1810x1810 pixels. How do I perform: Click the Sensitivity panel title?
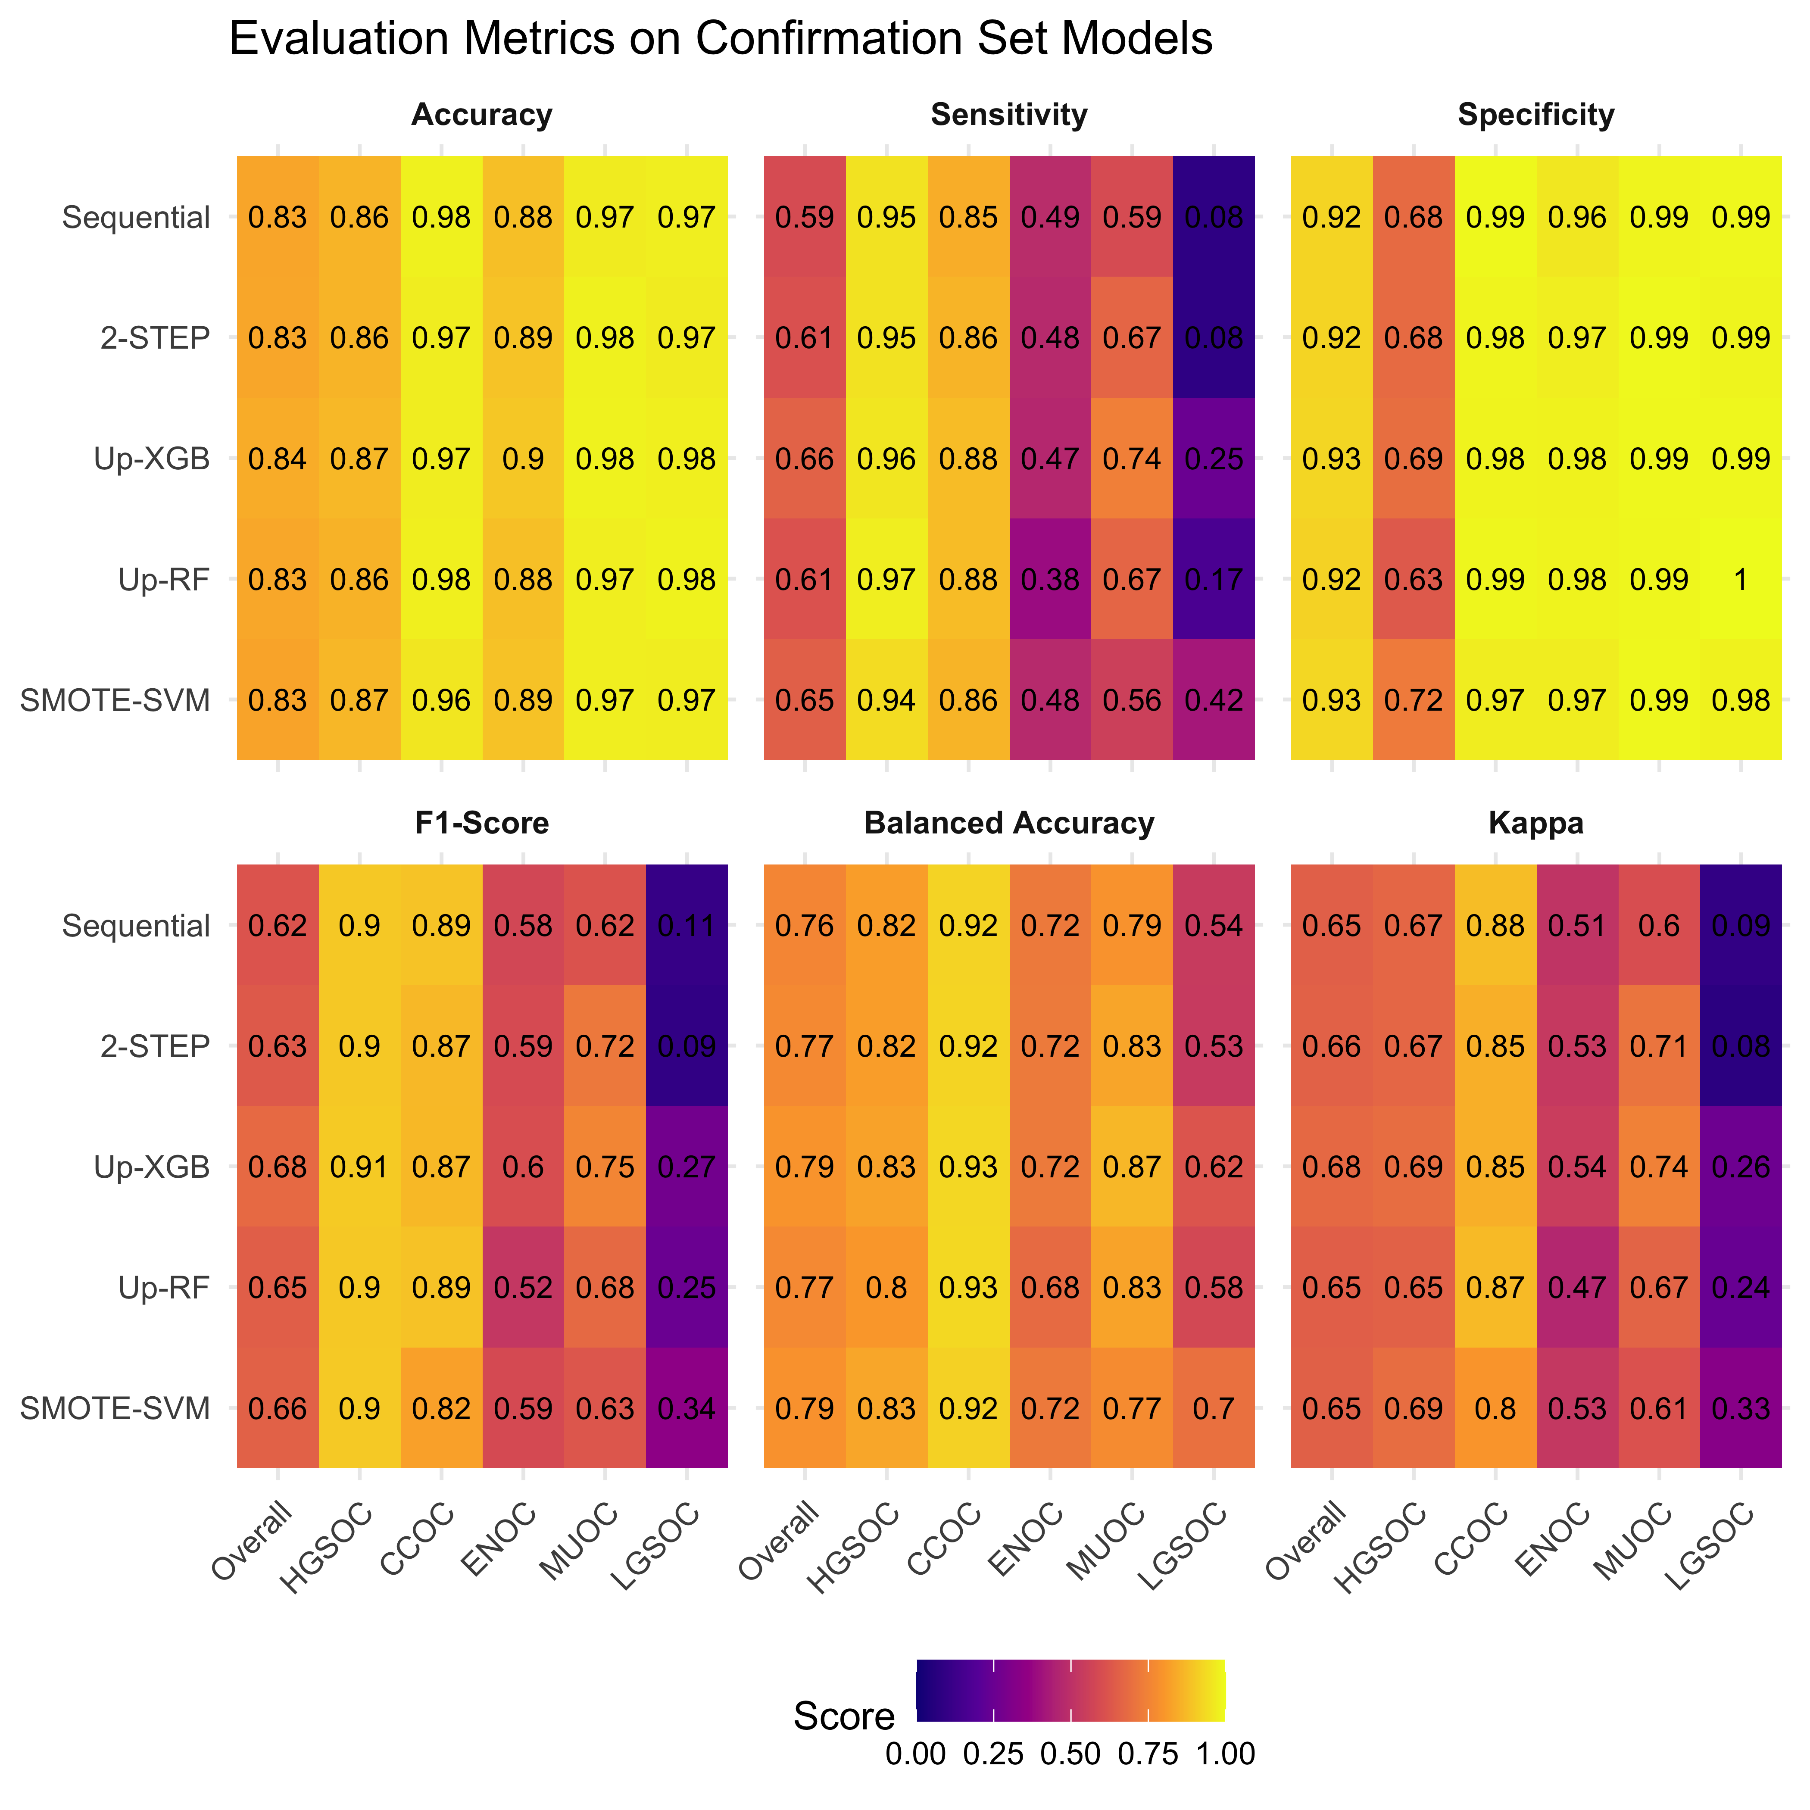pyautogui.click(x=1009, y=114)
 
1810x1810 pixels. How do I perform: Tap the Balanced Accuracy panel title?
pyautogui.click(x=1009, y=823)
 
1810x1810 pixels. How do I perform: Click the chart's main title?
pyautogui.click(x=721, y=39)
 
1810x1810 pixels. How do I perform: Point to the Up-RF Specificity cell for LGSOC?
pyautogui.click(x=1741, y=580)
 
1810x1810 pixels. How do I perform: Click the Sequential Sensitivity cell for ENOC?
pyautogui.click(x=1050, y=217)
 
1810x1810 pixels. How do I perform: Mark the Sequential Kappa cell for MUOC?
pyautogui.click(x=1659, y=926)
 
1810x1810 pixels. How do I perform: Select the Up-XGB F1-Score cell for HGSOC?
pyautogui.click(x=360, y=1167)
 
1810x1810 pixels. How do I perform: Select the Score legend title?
pyautogui.click(x=843, y=1716)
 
